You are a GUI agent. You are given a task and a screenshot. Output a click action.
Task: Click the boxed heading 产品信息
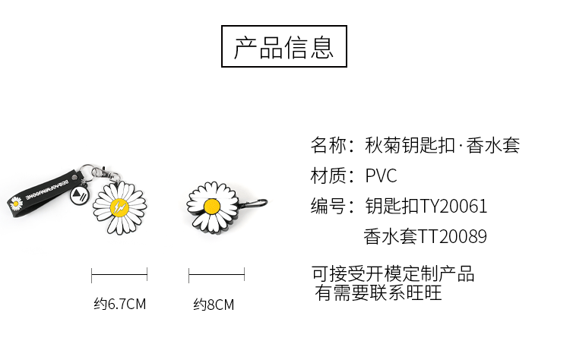point(283,46)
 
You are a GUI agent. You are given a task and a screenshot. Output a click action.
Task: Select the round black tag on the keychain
point(79,195)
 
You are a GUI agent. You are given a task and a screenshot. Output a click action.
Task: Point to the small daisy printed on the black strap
point(16,203)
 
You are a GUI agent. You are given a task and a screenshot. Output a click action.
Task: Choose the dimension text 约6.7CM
point(119,305)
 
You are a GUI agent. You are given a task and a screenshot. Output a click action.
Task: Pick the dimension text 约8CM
point(214,305)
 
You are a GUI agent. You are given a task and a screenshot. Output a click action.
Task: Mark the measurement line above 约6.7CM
point(119,274)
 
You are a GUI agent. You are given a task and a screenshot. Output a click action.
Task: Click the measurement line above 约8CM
point(217,274)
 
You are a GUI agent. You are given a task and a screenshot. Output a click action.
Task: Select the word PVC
point(381,176)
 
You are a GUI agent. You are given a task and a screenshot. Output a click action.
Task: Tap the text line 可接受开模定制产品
point(393,274)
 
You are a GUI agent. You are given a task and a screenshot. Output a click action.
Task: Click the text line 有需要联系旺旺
point(378,292)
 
